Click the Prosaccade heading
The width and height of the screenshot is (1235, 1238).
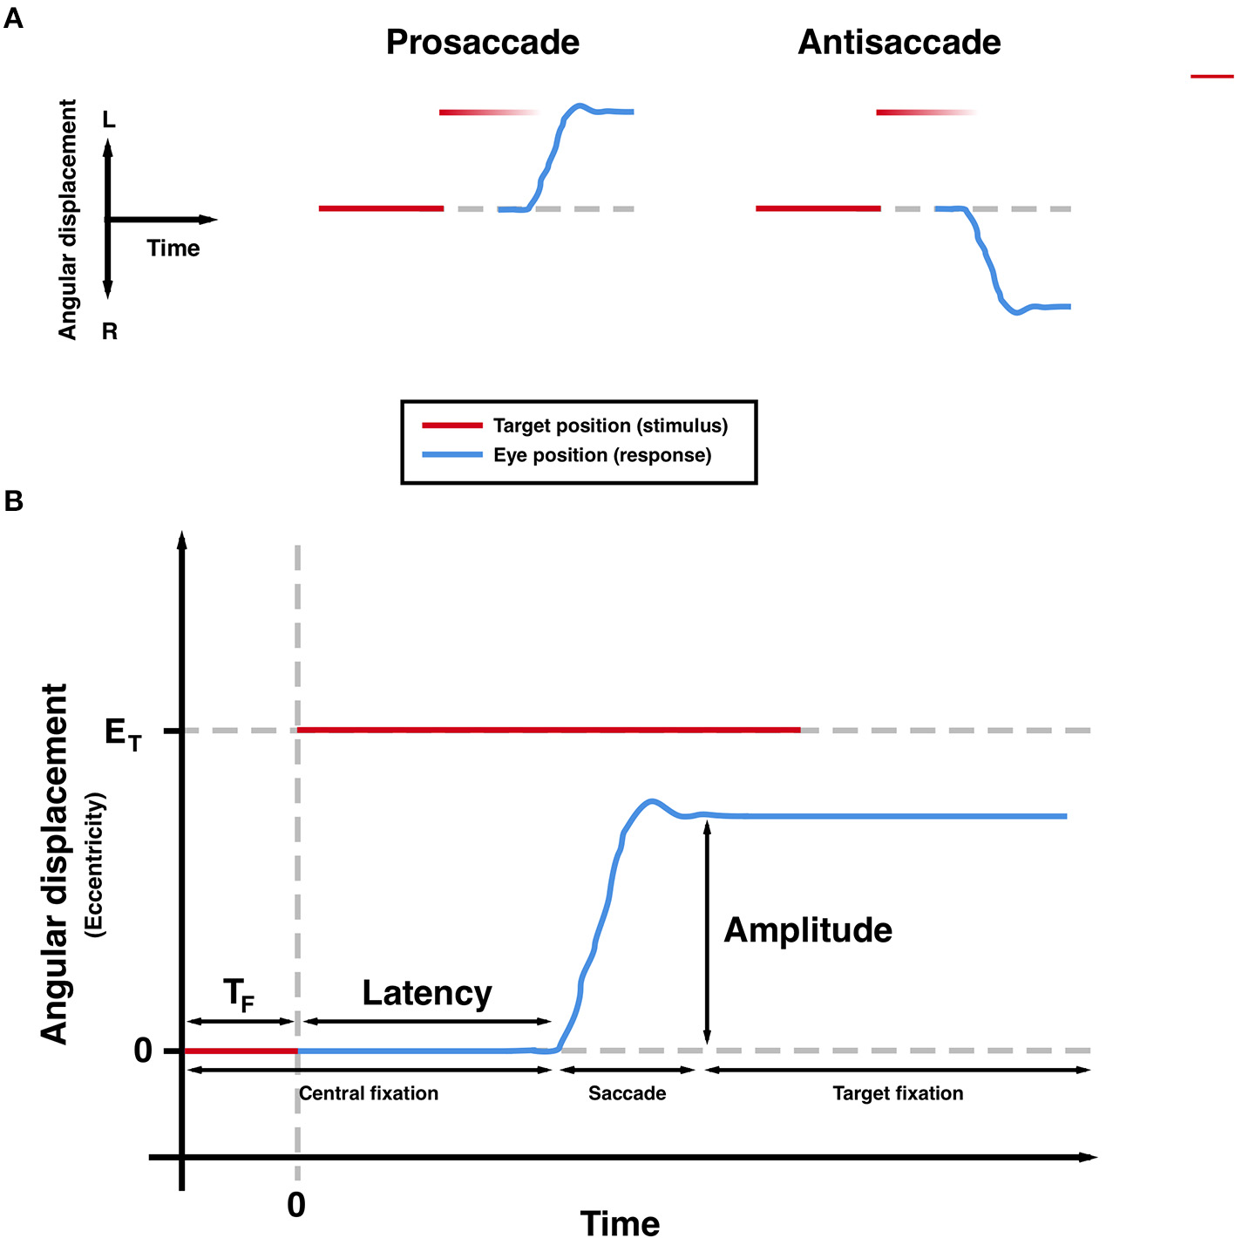(x=482, y=43)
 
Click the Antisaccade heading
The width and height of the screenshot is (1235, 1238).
(x=899, y=43)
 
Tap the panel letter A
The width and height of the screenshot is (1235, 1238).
(x=13, y=18)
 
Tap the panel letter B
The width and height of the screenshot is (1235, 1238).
(x=13, y=500)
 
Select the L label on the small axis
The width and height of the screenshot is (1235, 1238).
(x=109, y=120)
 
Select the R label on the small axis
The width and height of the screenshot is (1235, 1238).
(x=110, y=331)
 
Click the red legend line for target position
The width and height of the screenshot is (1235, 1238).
(x=451, y=425)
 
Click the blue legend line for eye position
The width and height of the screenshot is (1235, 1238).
(x=451, y=455)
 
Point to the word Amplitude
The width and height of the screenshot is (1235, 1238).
(x=808, y=930)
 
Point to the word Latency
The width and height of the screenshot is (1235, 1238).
(x=427, y=993)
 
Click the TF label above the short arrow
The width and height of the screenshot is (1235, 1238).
(x=239, y=994)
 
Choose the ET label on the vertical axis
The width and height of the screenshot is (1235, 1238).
(x=122, y=733)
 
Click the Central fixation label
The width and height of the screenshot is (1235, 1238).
(x=369, y=1093)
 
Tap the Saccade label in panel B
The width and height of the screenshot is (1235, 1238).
(x=627, y=1093)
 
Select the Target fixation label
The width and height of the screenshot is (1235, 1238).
(x=898, y=1093)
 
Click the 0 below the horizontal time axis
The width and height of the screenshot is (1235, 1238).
(x=296, y=1205)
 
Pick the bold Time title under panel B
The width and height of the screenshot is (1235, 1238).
(x=620, y=1223)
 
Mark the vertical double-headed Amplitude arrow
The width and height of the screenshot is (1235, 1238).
(x=707, y=933)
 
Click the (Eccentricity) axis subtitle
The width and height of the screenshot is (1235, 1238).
(x=95, y=865)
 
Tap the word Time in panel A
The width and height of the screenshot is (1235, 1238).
(x=173, y=248)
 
